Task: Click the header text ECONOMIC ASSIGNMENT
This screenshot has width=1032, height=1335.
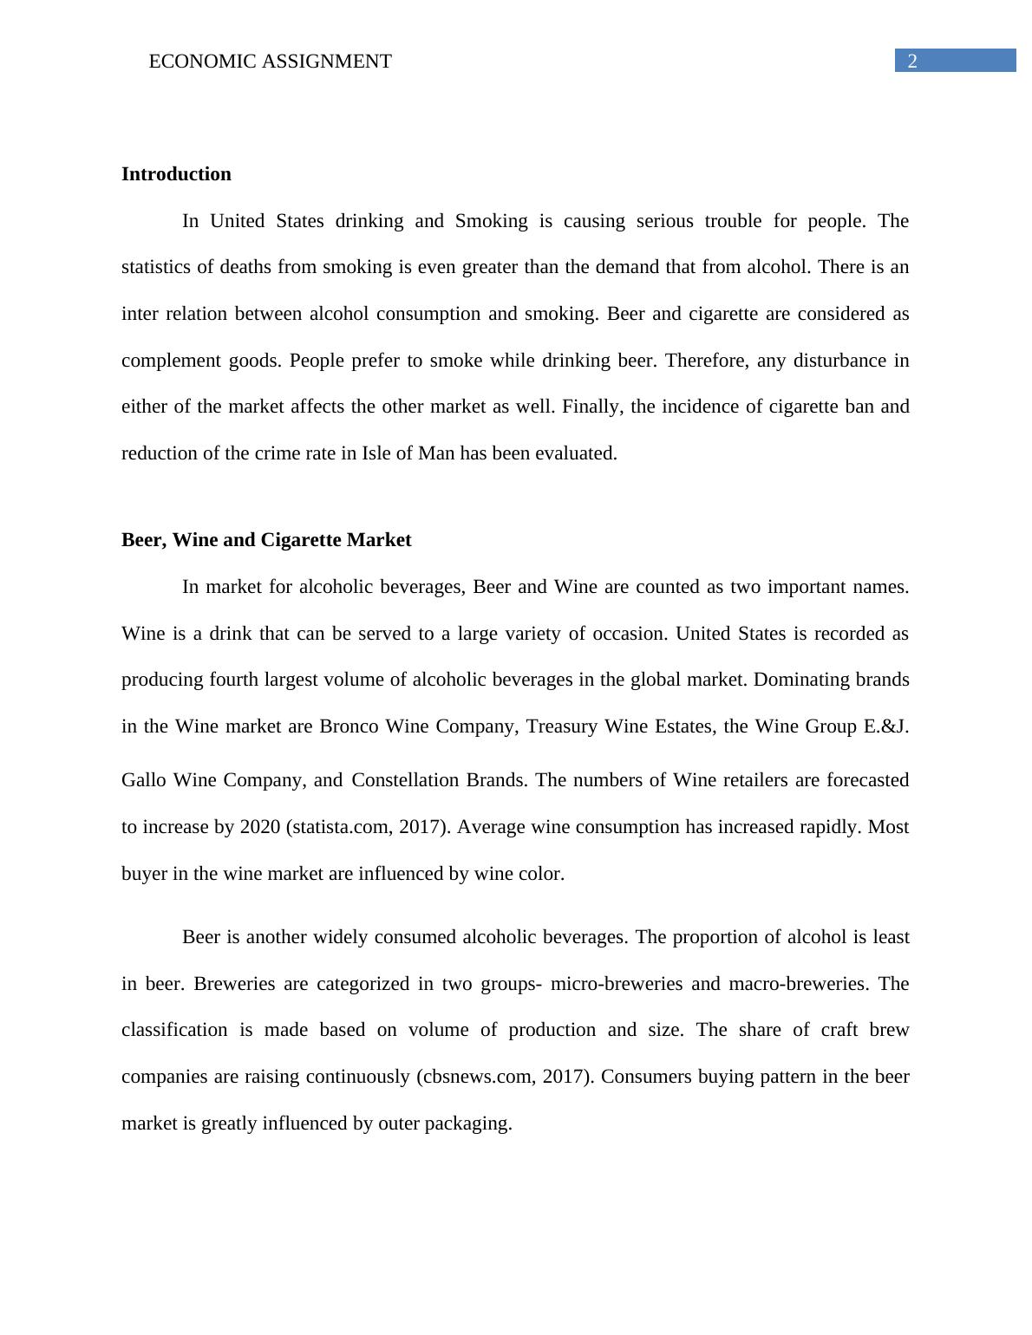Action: coord(270,62)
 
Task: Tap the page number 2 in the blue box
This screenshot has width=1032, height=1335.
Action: coord(912,61)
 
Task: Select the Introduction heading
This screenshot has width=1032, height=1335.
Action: coord(176,174)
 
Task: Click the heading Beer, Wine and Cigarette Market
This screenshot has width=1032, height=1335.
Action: coord(266,540)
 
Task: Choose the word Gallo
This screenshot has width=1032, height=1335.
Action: coord(145,780)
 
